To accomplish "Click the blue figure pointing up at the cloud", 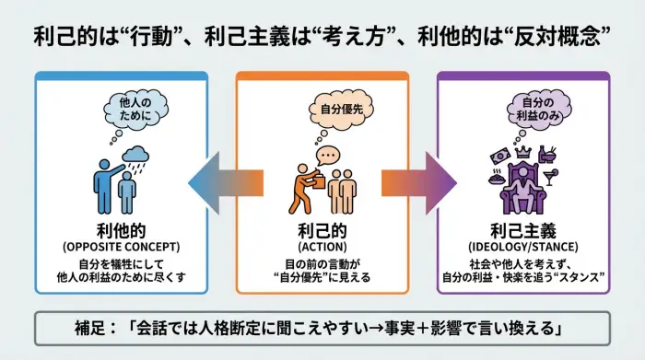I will coord(104,183).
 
